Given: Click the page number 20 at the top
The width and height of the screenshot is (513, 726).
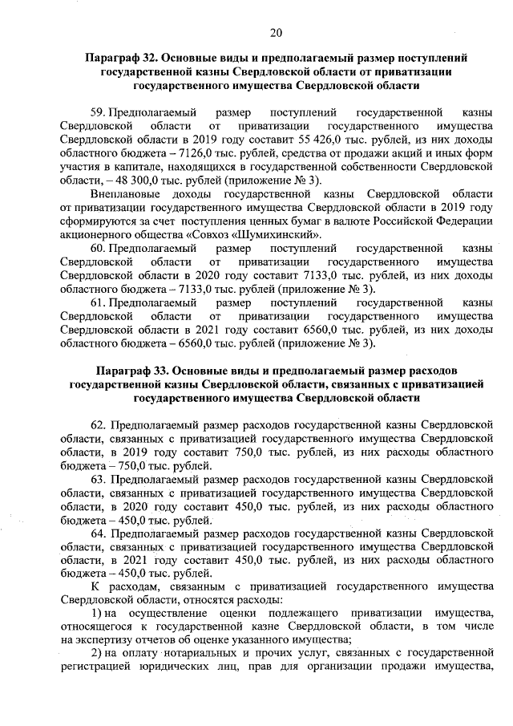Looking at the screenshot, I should coord(276,32).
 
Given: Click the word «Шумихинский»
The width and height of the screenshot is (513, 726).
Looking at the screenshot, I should coord(280,234).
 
